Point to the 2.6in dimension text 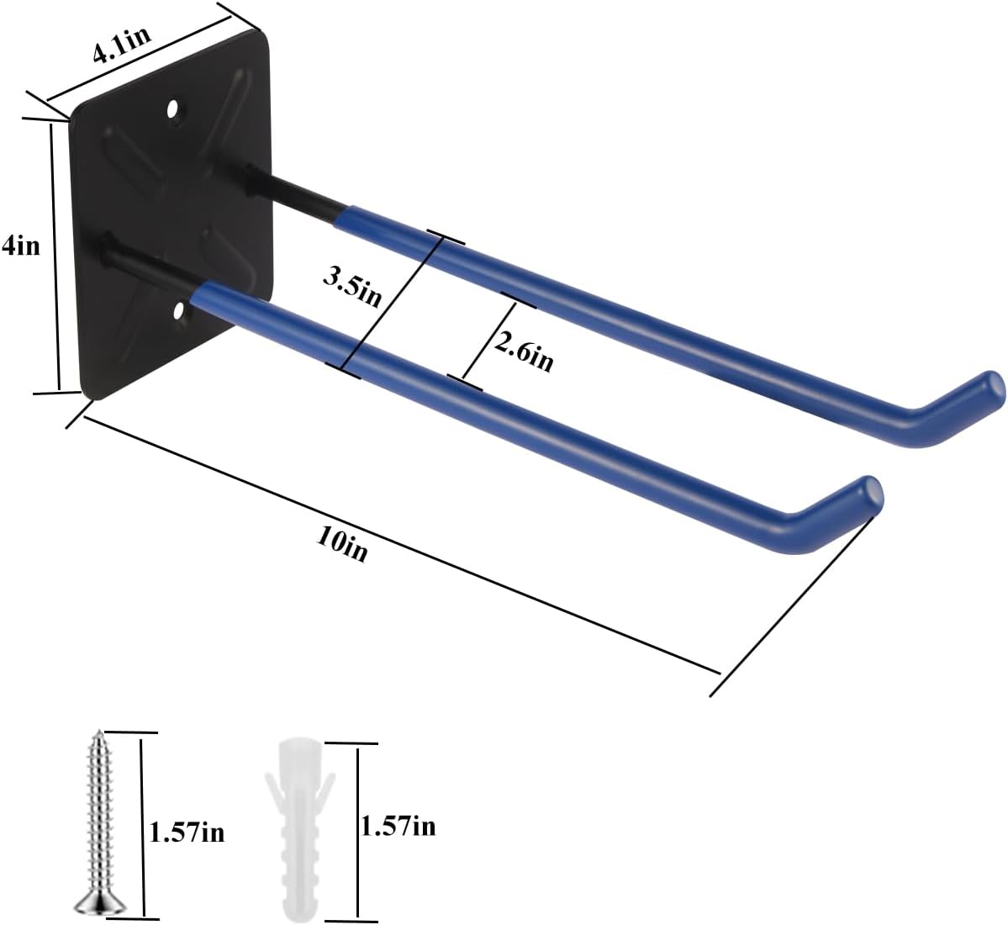(523, 350)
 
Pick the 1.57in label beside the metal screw (187, 832)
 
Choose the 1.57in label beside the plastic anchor (398, 827)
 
